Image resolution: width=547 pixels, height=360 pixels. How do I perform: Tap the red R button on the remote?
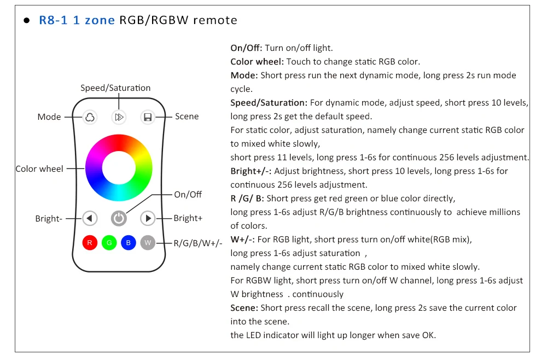tap(90, 242)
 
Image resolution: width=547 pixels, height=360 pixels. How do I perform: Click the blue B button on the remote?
tap(129, 242)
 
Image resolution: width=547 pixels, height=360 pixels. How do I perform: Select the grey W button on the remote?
tap(148, 242)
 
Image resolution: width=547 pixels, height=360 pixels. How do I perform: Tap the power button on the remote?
tap(119, 218)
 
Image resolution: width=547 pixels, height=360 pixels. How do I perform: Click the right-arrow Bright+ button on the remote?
tap(148, 218)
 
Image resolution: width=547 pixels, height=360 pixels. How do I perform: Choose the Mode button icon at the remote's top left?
tap(90, 117)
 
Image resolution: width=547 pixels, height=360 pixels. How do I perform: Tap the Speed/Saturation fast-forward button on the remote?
tap(119, 117)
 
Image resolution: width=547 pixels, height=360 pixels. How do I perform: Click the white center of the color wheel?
tap(119, 167)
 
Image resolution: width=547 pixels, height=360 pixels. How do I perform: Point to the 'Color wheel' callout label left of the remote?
tap(39, 169)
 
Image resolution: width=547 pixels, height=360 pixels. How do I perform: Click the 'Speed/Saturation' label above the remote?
tap(115, 88)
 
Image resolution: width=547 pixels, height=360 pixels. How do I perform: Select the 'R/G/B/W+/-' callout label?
tap(198, 243)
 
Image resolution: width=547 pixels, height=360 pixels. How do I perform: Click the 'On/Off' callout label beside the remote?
tap(188, 194)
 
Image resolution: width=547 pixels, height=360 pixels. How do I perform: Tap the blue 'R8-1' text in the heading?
tap(53, 21)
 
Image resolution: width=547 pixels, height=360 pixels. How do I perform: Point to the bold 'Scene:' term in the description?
tap(245, 308)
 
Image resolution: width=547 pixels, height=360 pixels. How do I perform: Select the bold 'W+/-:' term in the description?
tap(243, 239)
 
